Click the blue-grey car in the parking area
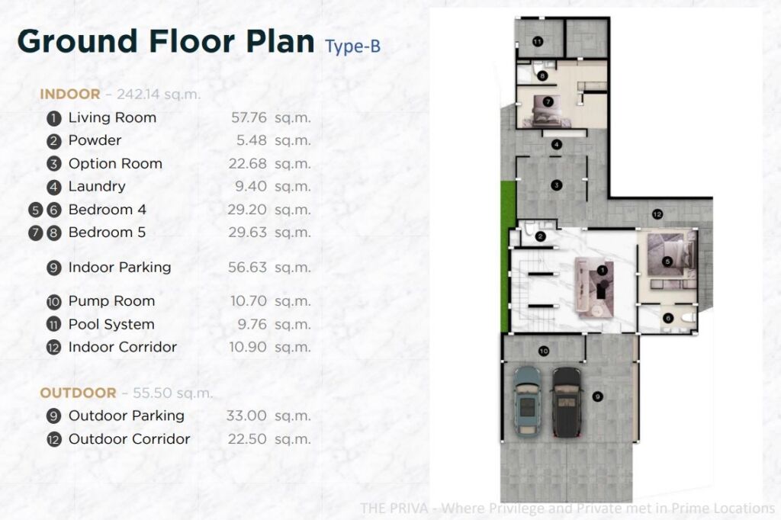pyautogui.click(x=527, y=402)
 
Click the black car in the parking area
pyautogui.click(x=567, y=402)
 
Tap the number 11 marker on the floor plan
pyautogui.click(x=538, y=41)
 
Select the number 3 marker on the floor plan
pyautogui.click(x=556, y=185)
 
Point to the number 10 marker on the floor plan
pyautogui.click(x=543, y=351)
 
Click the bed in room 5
pyautogui.click(x=670, y=256)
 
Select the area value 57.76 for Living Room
pyautogui.click(x=249, y=117)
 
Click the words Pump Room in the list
pyautogui.click(x=111, y=301)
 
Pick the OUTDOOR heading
pyautogui.click(x=78, y=393)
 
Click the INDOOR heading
pyautogui.click(x=69, y=94)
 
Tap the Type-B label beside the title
pyautogui.click(x=352, y=47)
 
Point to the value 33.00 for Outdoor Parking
pyautogui.click(x=246, y=416)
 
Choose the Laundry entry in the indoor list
pyautogui.click(x=97, y=186)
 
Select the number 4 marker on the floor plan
pyautogui.click(x=556, y=144)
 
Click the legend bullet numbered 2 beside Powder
pyautogui.click(x=54, y=142)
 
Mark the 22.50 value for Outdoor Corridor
pyautogui.click(x=248, y=439)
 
